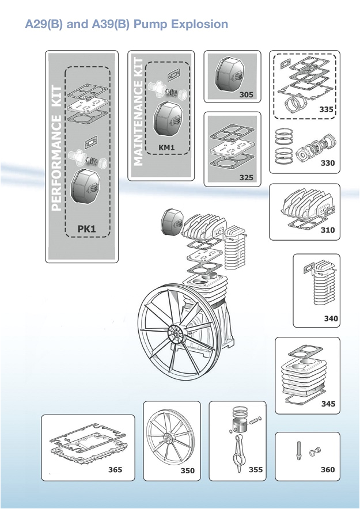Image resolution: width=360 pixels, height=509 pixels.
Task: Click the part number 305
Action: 246,95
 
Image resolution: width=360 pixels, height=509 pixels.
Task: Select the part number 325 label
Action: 246,178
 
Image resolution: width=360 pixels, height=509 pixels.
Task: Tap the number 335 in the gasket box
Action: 326,109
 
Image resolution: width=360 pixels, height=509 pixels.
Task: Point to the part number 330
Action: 327,163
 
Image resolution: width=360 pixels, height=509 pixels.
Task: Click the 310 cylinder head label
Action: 327,230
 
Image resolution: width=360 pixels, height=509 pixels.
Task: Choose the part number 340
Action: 331,318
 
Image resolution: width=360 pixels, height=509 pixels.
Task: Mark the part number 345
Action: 328,404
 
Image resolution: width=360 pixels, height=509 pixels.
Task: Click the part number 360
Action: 327,470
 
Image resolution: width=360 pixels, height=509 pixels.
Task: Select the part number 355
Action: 255,470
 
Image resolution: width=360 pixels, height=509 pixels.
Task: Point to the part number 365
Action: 115,470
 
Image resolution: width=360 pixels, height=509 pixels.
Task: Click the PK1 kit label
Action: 86,229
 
